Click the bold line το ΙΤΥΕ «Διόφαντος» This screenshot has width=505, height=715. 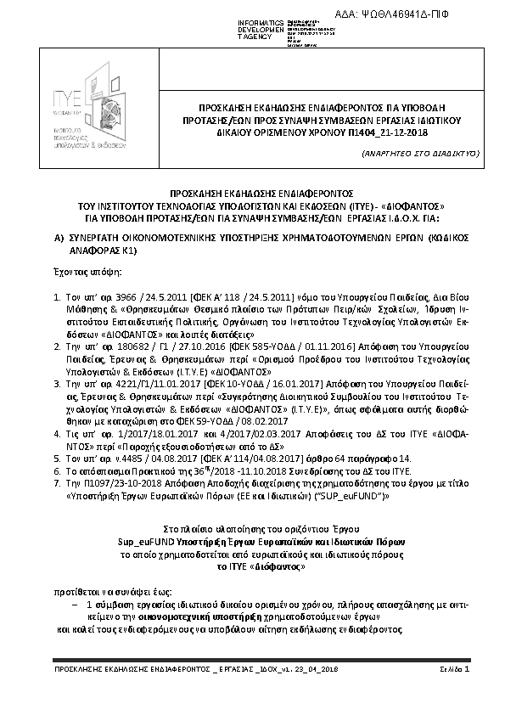click(253, 563)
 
